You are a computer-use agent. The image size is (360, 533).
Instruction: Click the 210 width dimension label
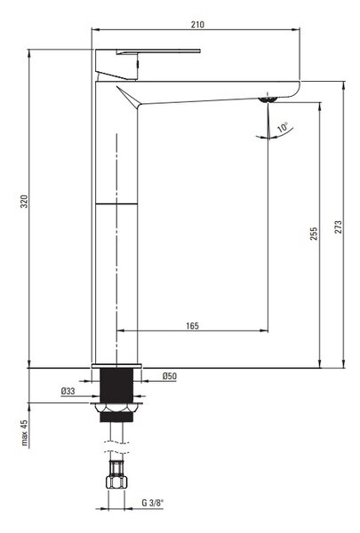tap(197, 25)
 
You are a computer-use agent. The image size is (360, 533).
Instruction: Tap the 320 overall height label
tap(25, 202)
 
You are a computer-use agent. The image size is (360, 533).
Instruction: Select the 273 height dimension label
tap(339, 227)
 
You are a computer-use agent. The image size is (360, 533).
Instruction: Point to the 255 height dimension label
tap(314, 234)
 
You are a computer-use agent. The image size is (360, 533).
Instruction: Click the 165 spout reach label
tap(192, 326)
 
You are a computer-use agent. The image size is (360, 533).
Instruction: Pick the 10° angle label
tap(283, 127)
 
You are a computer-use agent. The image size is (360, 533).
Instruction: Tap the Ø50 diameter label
tap(170, 376)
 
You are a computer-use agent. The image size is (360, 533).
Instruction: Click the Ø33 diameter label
tap(68, 391)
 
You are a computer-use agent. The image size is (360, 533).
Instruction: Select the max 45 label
tap(24, 433)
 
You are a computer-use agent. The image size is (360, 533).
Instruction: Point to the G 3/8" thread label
tap(153, 503)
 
